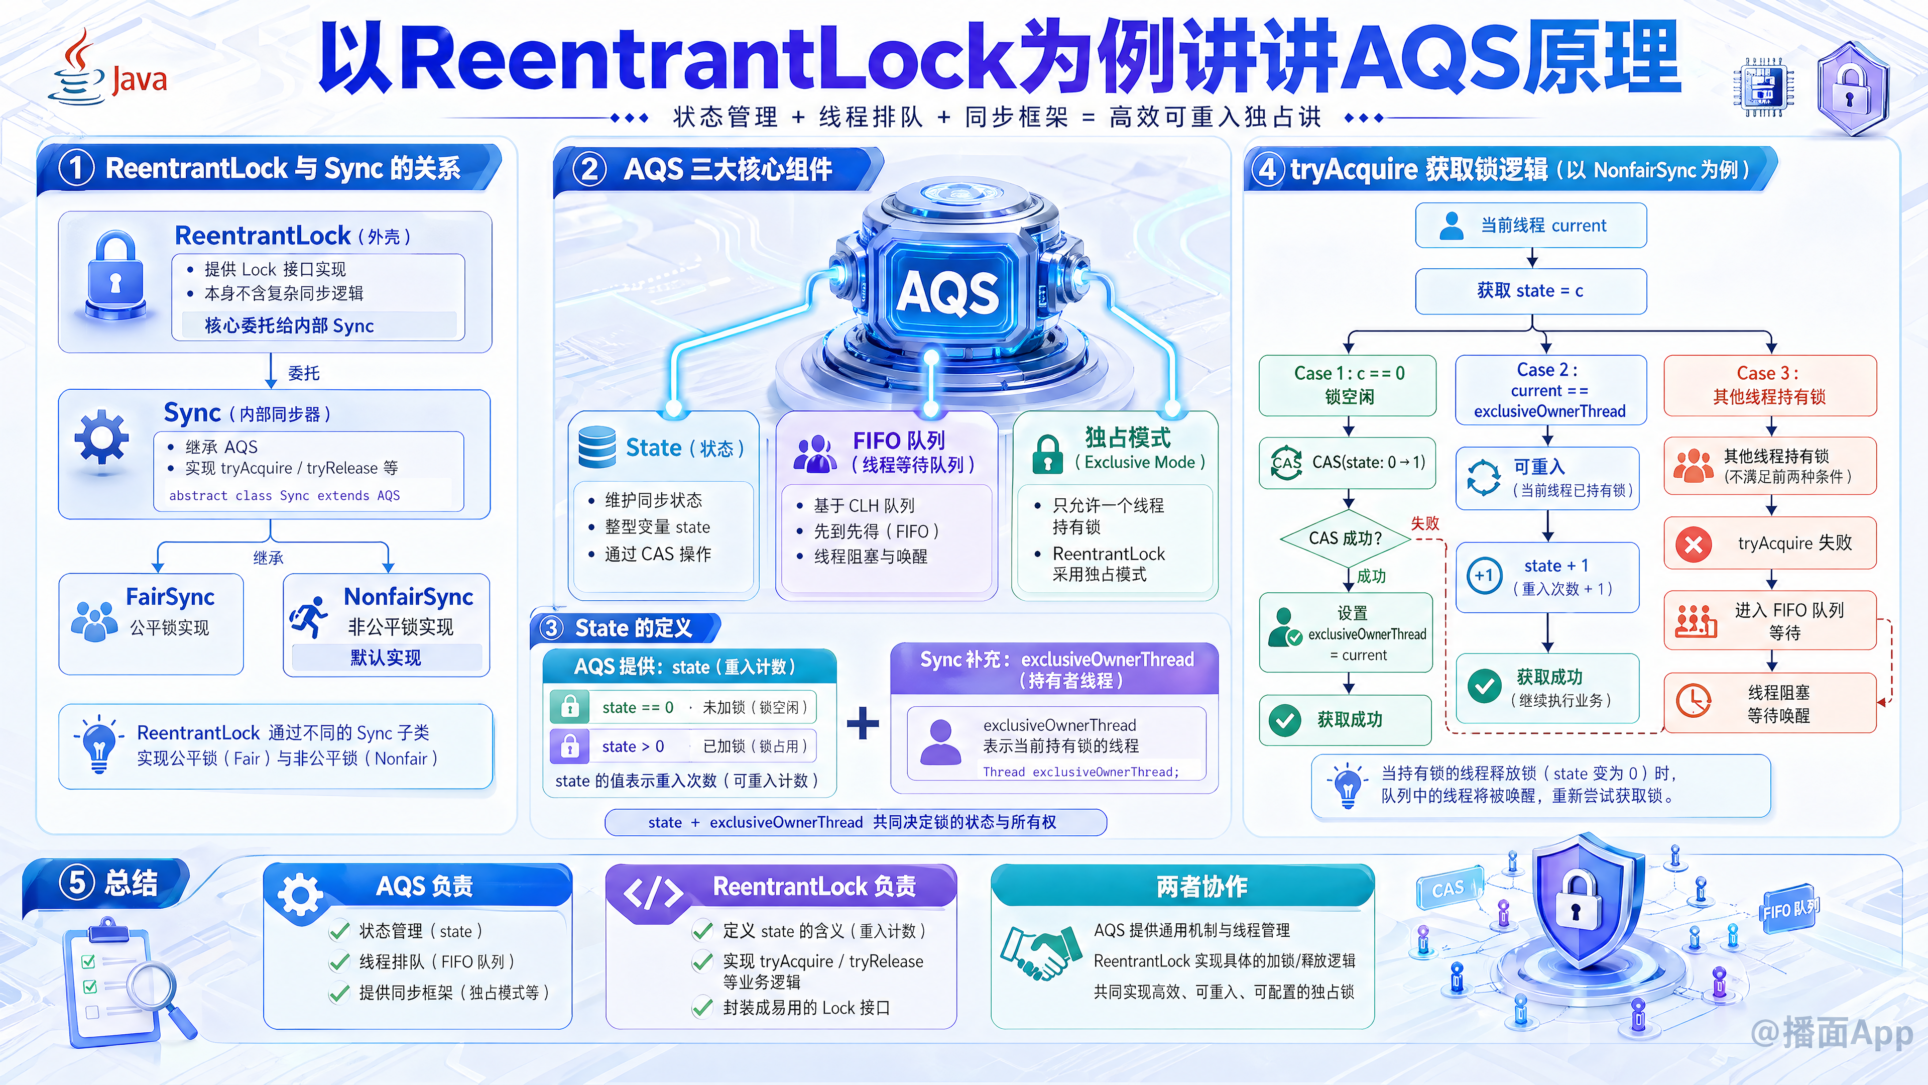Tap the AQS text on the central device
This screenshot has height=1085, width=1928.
tap(947, 291)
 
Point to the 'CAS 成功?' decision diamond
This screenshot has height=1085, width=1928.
tap(1345, 538)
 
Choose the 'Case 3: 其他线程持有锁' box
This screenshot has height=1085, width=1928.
tap(1770, 385)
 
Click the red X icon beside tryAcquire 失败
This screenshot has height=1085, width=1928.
tap(1694, 544)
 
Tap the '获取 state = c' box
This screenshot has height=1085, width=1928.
tap(1530, 290)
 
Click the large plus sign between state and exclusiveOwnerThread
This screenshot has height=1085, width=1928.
tap(863, 723)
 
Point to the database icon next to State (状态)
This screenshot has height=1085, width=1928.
tap(596, 447)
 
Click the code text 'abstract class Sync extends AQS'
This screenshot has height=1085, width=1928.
tap(284, 496)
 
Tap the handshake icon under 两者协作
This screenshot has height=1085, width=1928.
tap(1041, 952)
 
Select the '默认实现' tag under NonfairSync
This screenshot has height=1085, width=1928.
tap(386, 658)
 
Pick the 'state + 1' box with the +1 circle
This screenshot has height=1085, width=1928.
tap(1547, 577)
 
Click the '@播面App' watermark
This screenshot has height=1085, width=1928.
tap(1832, 1033)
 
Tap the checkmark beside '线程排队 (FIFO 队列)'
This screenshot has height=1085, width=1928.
tap(339, 961)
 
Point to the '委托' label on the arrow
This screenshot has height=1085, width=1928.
tap(304, 373)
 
